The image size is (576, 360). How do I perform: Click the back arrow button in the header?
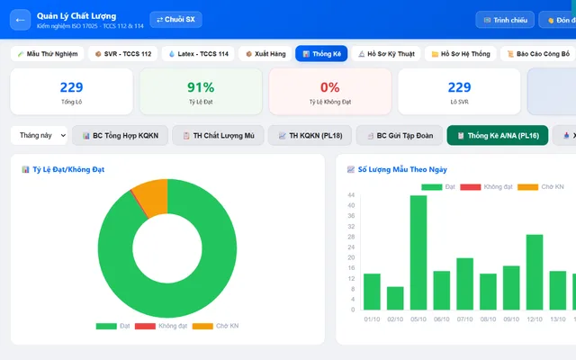pyautogui.click(x=20, y=20)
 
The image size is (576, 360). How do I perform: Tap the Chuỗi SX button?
pyautogui.click(x=175, y=20)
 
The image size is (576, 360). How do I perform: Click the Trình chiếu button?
pyautogui.click(x=505, y=20)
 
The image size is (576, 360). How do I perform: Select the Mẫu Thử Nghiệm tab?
pyautogui.click(x=48, y=54)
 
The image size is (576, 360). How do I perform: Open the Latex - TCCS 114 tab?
pyautogui.click(x=198, y=54)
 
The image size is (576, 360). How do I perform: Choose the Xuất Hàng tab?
pyautogui.click(x=265, y=54)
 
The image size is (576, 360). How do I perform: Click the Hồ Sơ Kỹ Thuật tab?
pyautogui.click(x=386, y=54)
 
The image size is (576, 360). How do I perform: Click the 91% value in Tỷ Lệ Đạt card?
pyautogui.click(x=201, y=87)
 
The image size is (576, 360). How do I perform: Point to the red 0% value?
pyautogui.click(x=330, y=87)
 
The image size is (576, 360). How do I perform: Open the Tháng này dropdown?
pyautogui.click(x=39, y=135)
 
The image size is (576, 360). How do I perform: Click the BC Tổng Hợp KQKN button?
pyautogui.click(x=120, y=136)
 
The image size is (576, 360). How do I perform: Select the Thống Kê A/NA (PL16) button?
pyautogui.click(x=498, y=136)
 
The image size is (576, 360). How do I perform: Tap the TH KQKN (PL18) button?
pyautogui.click(x=310, y=136)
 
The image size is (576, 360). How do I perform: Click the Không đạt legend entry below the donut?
pyautogui.click(x=161, y=326)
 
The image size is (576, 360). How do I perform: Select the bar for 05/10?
pyautogui.click(x=418, y=252)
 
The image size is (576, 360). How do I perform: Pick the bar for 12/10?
pyautogui.click(x=535, y=272)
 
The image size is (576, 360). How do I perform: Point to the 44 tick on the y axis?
pyautogui.click(x=351, y=194)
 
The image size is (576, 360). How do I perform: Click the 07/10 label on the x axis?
pyautogui.click(x=464, y=319)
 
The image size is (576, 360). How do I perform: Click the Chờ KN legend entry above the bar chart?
pyautogui.click(x=540, y=187)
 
